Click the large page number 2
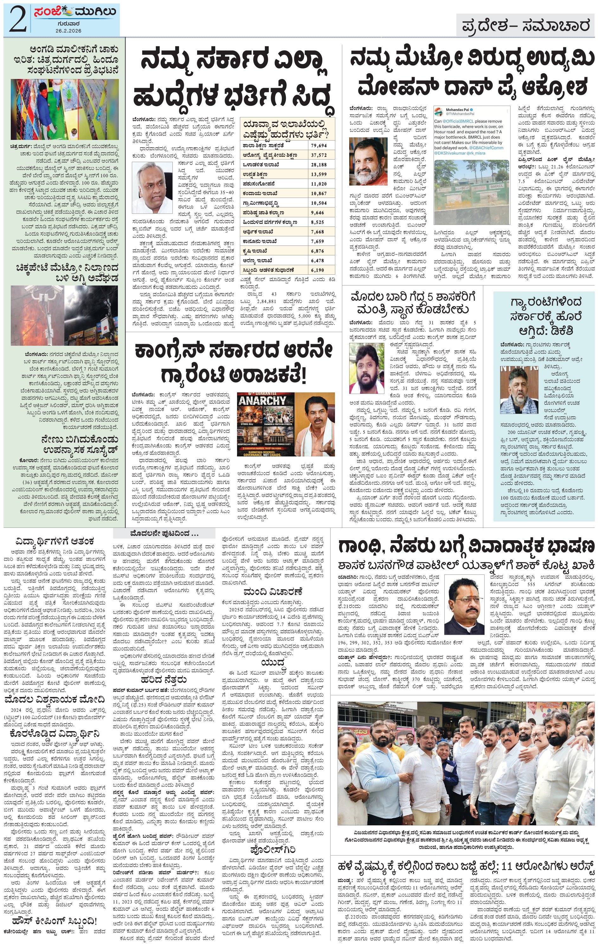click(17, 20)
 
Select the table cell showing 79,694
click(319, 146)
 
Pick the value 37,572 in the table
click(319, 155)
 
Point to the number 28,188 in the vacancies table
click(319, 165)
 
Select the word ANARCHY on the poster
click(262, 401)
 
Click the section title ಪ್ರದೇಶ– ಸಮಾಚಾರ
click(525, 26)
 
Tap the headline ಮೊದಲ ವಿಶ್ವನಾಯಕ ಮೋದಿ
click(55, 699)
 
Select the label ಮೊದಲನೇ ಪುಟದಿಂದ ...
click(164, 534)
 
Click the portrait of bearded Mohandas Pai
click(368, 161)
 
